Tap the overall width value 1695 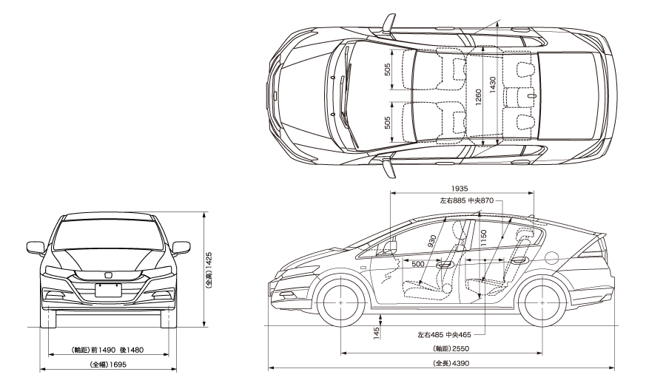point(112,365)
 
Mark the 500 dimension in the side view point(417,263)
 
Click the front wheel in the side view point(341,303)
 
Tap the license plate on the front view point(108,289)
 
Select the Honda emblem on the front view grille point(108,275)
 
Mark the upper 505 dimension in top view point(388,69)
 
